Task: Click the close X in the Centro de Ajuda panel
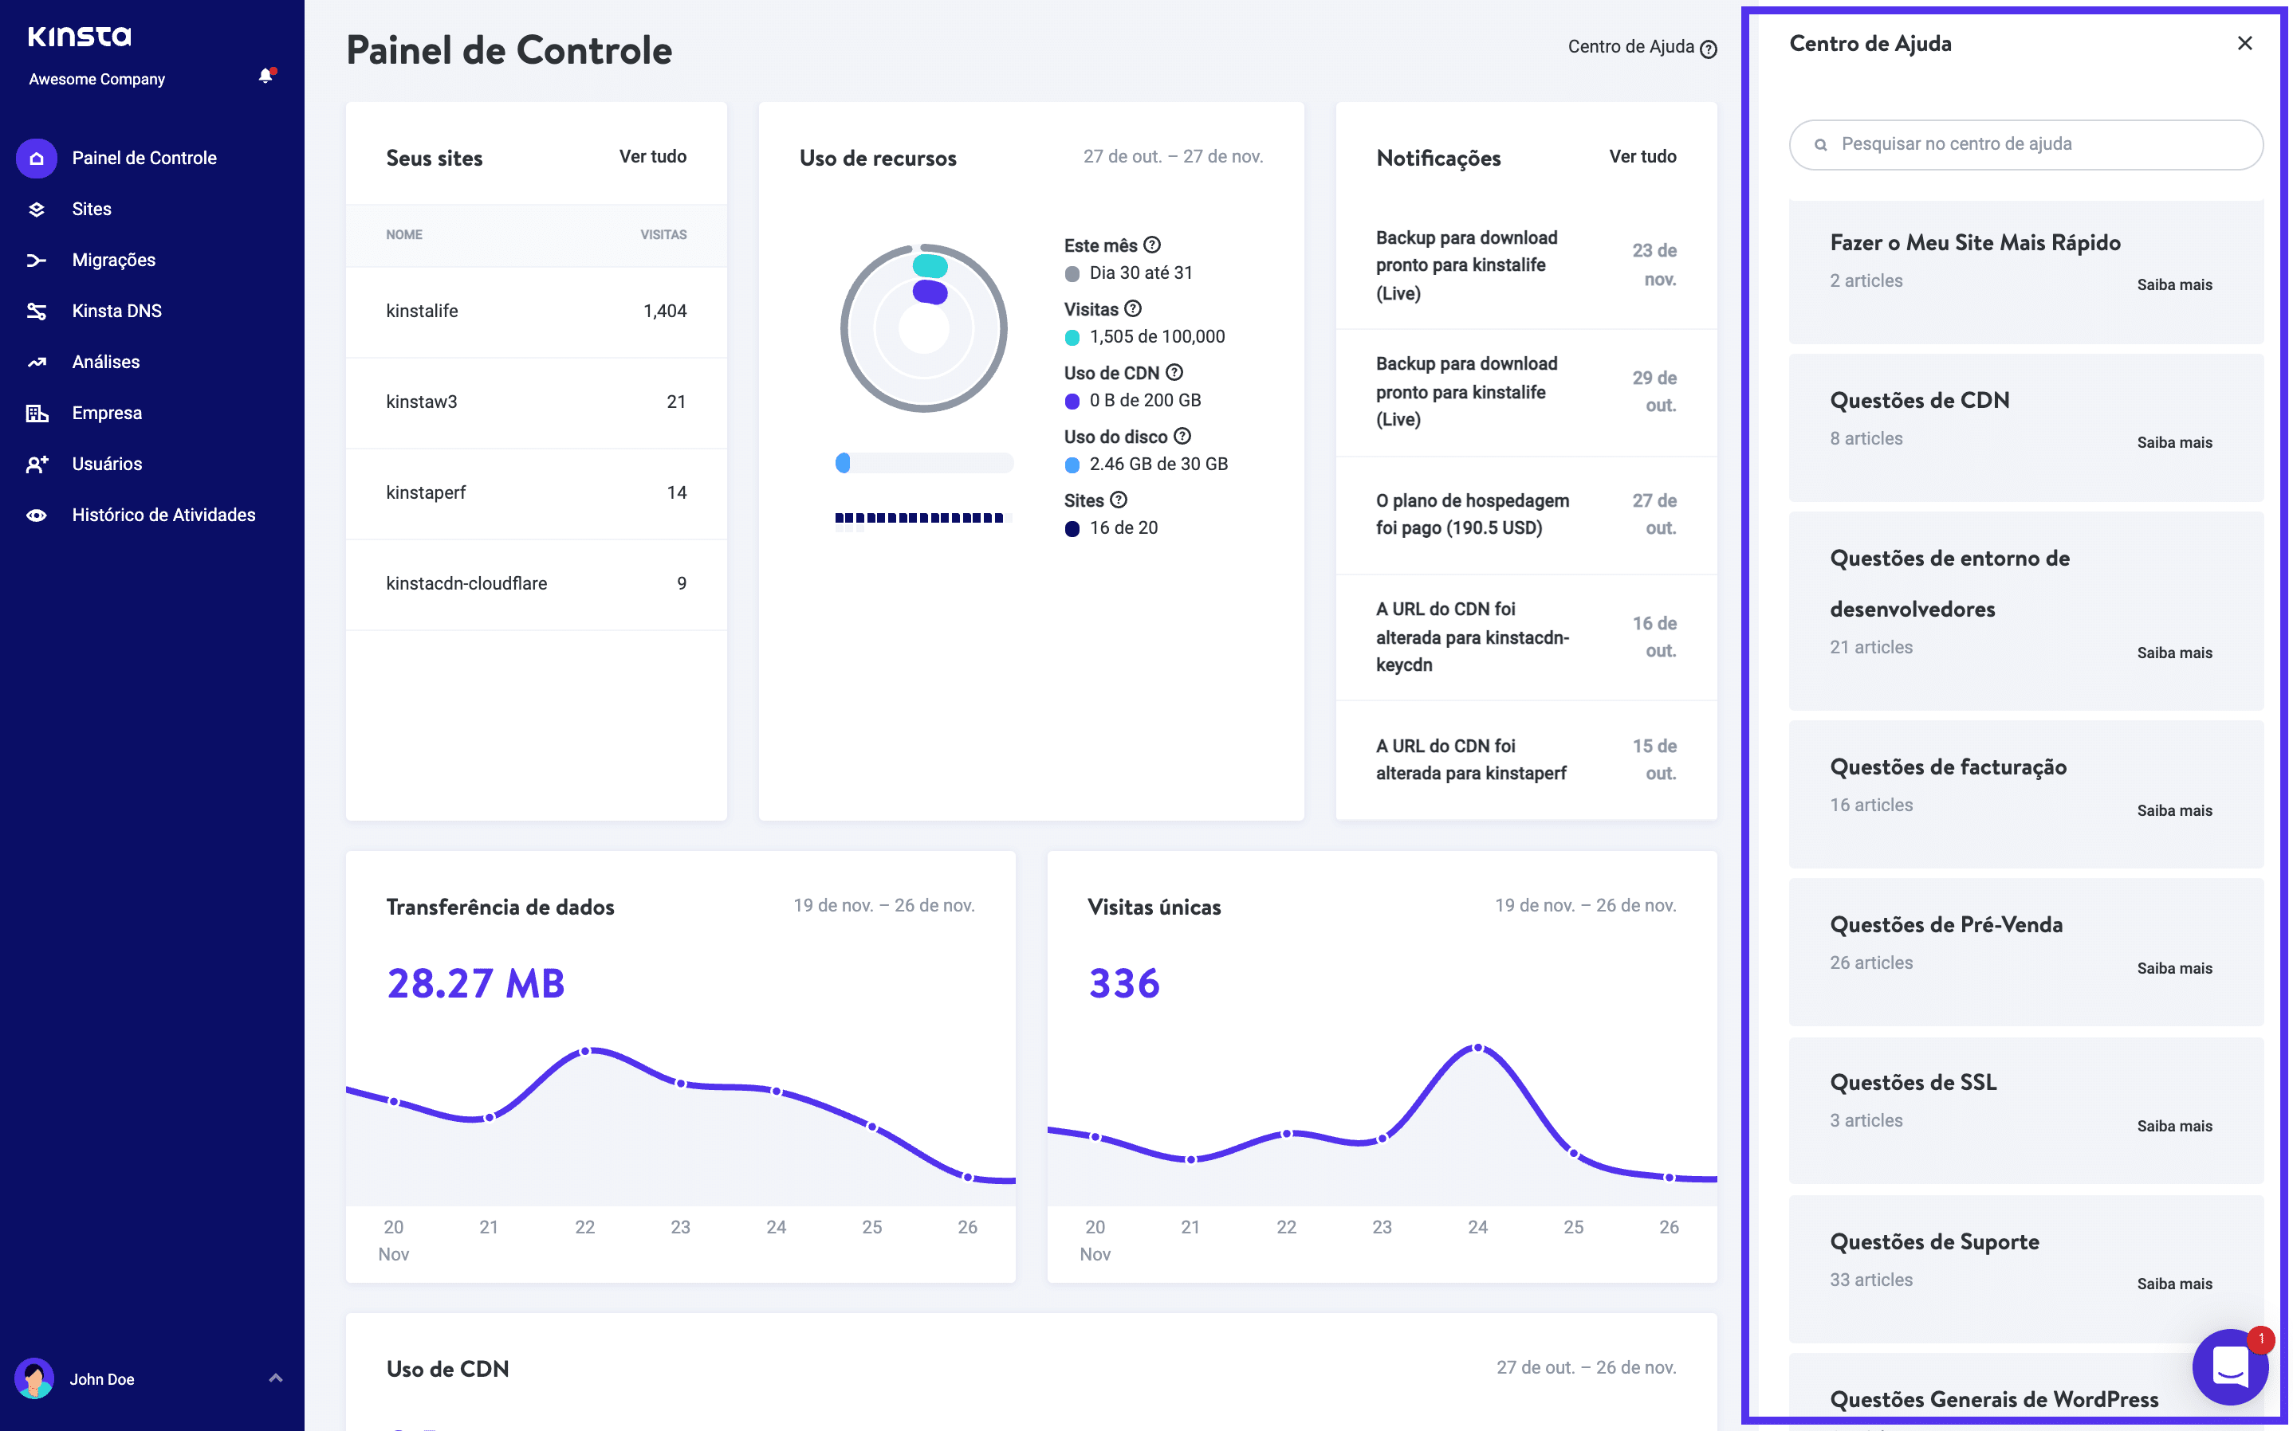2244,44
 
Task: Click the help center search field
2026,145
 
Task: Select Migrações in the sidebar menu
113,261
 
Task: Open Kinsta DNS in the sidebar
116,312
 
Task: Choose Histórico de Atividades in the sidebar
163,516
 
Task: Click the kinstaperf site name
426,493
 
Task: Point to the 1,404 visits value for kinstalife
665,312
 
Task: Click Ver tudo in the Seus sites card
652,157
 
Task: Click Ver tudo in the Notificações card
1642,157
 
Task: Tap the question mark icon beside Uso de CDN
1174,373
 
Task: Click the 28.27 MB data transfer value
476,984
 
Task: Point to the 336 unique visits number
1124,984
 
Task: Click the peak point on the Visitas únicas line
1478,1049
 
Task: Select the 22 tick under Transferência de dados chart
585,1228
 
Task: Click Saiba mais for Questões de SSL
2173,1127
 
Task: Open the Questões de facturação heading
1948,767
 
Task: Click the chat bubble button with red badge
2229,1366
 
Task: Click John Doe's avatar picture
35,1379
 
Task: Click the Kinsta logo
80,37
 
